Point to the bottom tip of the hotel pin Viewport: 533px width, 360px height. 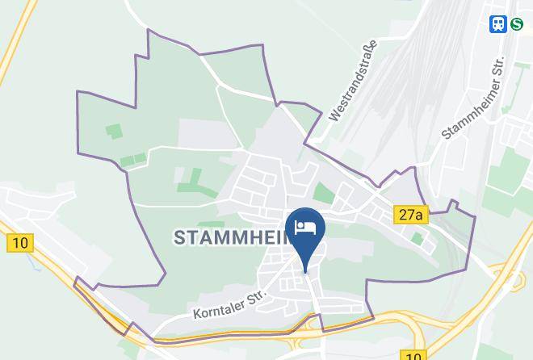click(305, 270)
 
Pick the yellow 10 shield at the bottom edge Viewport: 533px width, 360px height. click(413, 355)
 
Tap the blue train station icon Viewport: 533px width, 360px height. click(497, 24)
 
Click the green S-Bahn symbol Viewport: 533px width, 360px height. click(516, 24)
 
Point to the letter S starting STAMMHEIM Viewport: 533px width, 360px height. click(180, 237)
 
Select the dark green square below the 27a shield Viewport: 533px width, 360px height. click(418, 238)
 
